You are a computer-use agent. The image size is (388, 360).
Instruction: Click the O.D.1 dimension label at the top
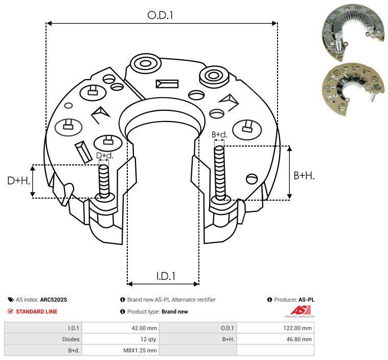coord(160,15)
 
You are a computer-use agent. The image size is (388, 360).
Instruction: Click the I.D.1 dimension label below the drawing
coord(166,276)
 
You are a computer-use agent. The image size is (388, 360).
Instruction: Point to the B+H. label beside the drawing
coord(304,176)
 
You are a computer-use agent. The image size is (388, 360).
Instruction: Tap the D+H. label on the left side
coord(18,181)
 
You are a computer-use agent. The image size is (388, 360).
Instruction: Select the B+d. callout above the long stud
coord(219,134)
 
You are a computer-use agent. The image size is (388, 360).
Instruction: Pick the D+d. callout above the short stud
coord(104,156)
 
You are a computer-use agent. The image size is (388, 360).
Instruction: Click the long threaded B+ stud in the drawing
coord(219,173)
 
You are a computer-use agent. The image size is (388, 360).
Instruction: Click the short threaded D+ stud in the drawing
coord(104,181)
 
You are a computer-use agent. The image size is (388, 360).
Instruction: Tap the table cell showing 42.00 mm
coord(144,328)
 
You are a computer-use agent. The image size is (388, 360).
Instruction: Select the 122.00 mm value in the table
coord(297,328)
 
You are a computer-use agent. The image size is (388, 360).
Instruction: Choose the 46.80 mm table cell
coord(299,339)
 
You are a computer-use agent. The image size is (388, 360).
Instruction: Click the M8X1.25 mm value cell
coord(140,350)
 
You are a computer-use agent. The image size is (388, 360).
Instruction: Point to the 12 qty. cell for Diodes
coord(148,339)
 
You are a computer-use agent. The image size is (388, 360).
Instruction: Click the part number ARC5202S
coord(54,300)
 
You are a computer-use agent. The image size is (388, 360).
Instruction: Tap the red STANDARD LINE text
coord(37,311)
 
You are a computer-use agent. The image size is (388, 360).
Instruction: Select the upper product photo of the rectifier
coord(353,32)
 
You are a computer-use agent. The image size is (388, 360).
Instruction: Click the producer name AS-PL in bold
coord(306,300)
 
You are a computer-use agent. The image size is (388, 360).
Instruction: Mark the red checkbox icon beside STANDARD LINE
coord(10,311)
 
